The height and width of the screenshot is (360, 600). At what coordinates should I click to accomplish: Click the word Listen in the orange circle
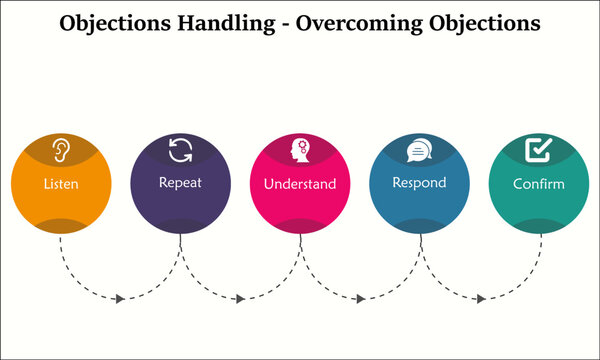(60, 185)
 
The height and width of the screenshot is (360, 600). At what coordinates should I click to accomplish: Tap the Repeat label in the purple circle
(180, 183)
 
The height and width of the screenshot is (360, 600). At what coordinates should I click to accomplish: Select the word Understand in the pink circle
(300, 185)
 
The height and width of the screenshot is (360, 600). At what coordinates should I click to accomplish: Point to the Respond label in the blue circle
(420, 184)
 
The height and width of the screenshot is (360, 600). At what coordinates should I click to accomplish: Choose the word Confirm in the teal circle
(540, 184)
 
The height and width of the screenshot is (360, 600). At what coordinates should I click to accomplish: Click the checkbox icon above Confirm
(539, 150)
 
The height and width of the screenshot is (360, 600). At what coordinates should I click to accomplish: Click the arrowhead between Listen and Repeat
(121, 299)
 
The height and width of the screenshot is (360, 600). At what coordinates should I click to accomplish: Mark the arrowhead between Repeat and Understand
(240, 299)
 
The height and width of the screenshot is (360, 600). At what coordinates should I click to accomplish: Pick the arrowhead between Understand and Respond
(361, 299)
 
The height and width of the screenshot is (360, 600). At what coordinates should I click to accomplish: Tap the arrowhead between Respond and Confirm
(481, 299)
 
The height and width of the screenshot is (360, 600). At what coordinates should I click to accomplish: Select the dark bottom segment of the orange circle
(60, 226)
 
